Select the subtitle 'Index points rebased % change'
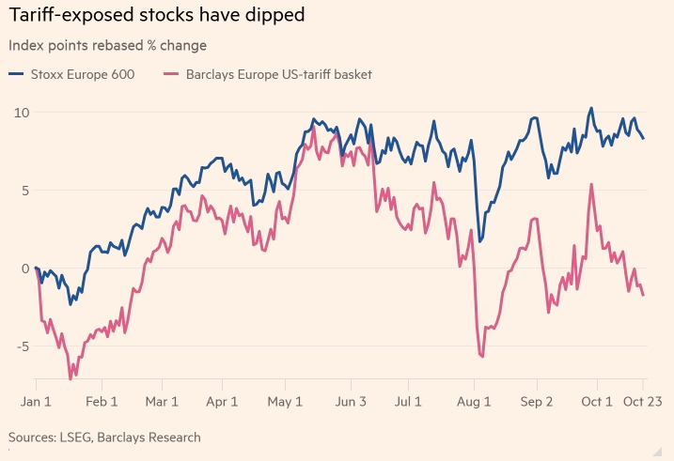click(107, 45)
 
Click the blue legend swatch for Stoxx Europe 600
click(18, 74)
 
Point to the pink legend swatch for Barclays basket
click(170, 74)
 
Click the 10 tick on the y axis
click(20, 113)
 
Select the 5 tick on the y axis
click(24, 191)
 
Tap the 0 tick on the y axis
click(24, 269)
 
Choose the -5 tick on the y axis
click(21, 346)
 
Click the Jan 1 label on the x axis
click(37, 401)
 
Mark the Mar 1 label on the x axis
click(162, 401)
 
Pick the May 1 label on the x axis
click(284, 401)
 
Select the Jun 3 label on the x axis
click(351, 401)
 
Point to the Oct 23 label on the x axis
click(643, 401)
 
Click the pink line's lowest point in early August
click(481, 357)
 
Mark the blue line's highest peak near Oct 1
click(591, 108)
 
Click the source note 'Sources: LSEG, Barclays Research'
click(104, 438)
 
